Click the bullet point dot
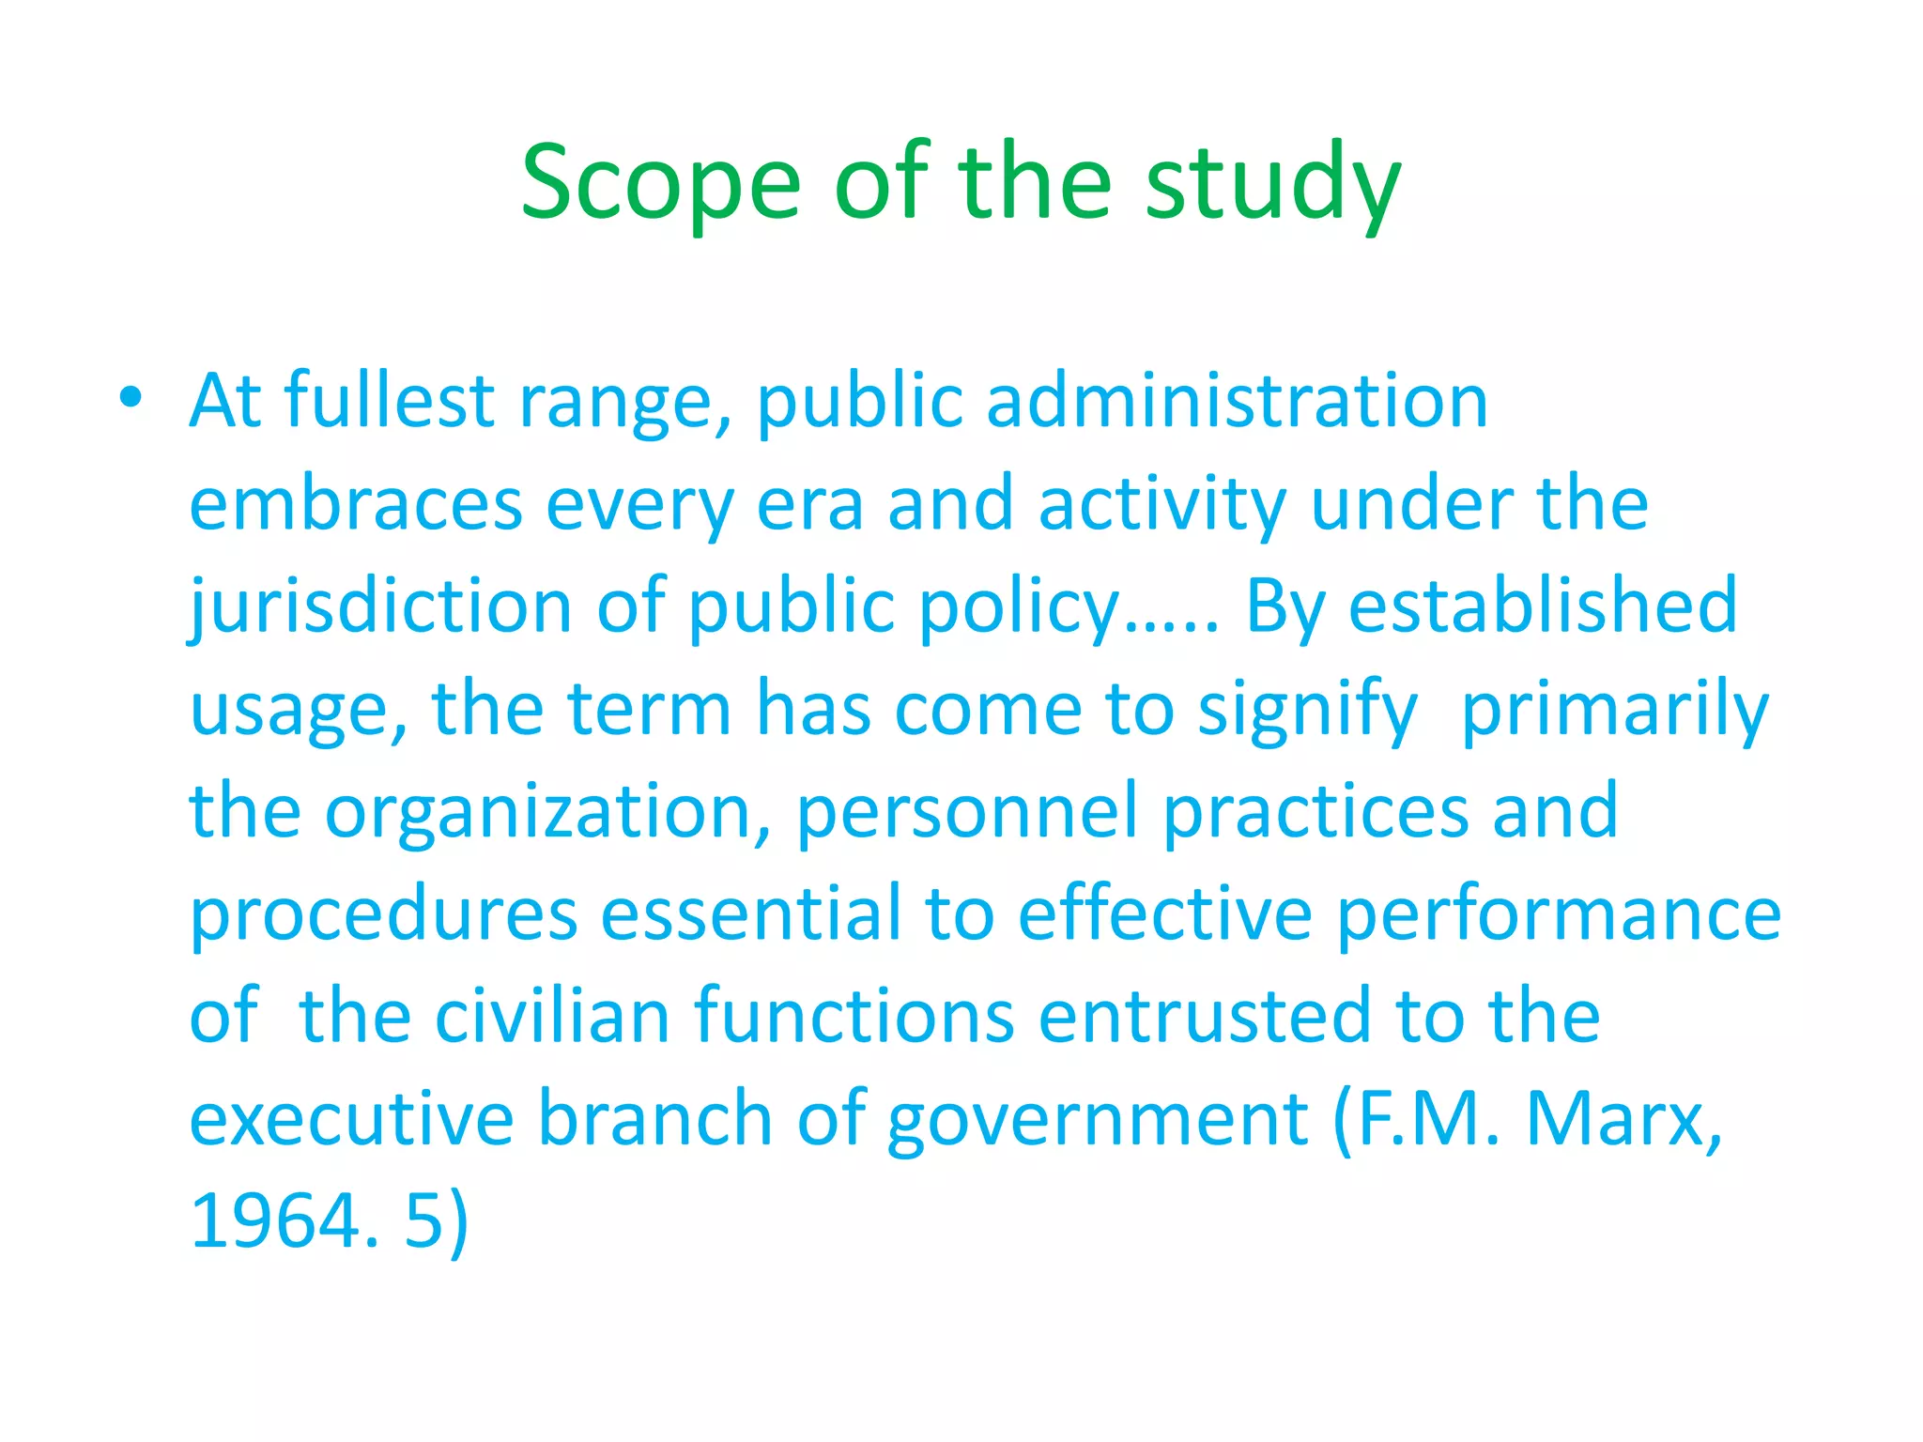tap(131, 398)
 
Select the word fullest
tap(389, 401)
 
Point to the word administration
tap(1237, 401)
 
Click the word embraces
tap(356, 504)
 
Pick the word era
tap(809, 504)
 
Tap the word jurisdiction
tap(380, 606)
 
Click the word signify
tap(1307, 709)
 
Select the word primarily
tap(1615, 709)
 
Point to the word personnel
tap(967, 811)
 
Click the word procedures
tap(383, 913)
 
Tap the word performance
tap(1559, 913)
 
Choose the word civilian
tap(552, 1016)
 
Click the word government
tap(1097, 1119)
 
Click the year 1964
tap(275, 1220)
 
